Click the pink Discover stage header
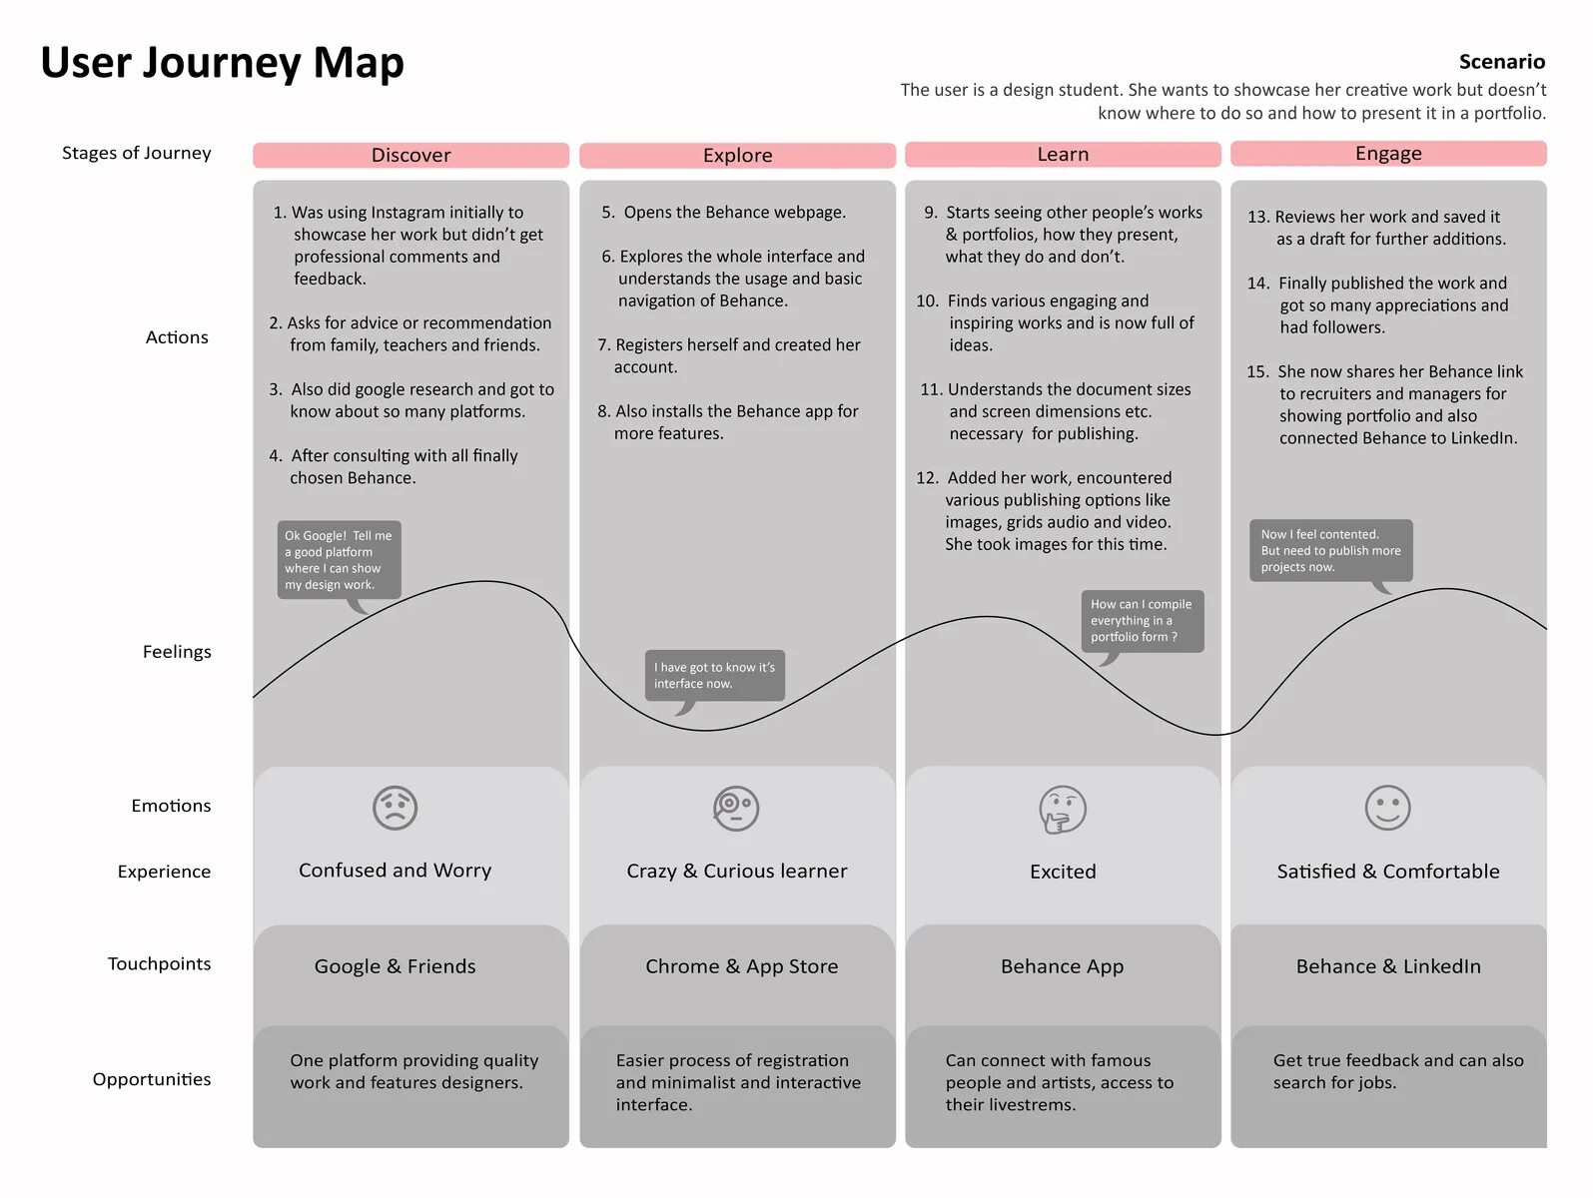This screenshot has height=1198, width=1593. pyautogui.click(x=410, y=155)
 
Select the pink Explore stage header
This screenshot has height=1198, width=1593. pyautogui.click(x=737, y=155)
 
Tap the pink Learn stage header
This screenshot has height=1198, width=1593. pyautogui.click(x=1063, y=154)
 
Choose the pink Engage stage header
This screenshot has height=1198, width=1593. pyautogui.click(x=1388, y=153)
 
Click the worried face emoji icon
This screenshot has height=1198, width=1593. pyautogui.click(x=395, y=808)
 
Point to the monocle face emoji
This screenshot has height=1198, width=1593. pyautogui.click(x=736, y=809)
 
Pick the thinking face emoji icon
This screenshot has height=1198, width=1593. pyautogui.click(x=1062, y=809)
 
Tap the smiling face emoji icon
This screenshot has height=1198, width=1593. pyautogui.click(x=1387, y=808)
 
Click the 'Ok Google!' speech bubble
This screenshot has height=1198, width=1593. pyautogui.click(x=339, y=560)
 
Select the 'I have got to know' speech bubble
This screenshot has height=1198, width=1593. pyautogui.click(x=714, y=676)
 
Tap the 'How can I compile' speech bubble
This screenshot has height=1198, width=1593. pyautogui.click(x=1142, y=620)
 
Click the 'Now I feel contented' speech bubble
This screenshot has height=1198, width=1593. pyautogui.click(x=1330, y=550)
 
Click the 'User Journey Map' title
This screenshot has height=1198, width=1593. pyautogui.click(x=222, y=62)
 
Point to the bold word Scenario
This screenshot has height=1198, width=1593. pyautogui.click(x=1501, y=62)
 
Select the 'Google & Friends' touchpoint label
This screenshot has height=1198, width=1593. pyautogui.click(x=395, y=966)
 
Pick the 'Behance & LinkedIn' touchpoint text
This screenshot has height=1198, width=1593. pyautogui.click(x=1388, y=966)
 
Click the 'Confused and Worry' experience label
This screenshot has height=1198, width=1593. pyautogui.click(x=395, y=871)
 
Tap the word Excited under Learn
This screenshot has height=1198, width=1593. pyautogui.click(x=1063, y=872)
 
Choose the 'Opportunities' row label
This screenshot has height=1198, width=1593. pyautogui.click(x=152, y=1079)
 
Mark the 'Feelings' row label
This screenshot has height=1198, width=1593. pyautogui.click(x=177, y=652)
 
